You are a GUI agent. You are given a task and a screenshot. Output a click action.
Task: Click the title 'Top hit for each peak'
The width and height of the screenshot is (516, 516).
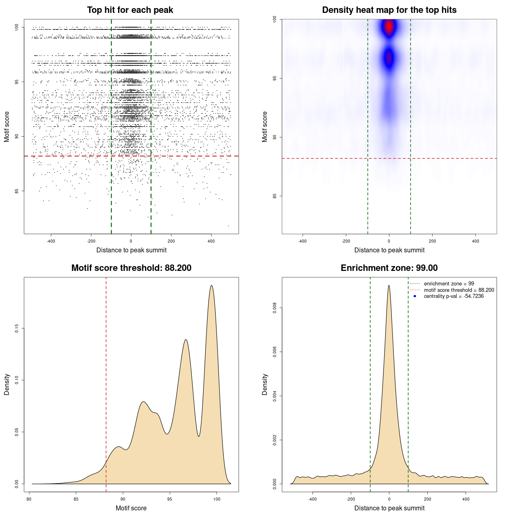[x=130, y=10]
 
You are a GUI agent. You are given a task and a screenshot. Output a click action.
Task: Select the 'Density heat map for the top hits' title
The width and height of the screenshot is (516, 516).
[x=389, y=10]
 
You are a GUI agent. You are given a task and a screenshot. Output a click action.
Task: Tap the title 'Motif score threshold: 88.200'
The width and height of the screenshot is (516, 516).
[x=131, y=268]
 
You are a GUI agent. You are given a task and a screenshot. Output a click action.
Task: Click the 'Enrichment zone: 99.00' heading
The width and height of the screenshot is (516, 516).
[x=389, y=268]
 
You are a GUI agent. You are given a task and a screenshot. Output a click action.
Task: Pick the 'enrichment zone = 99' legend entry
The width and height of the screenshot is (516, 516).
[x=449, y=284]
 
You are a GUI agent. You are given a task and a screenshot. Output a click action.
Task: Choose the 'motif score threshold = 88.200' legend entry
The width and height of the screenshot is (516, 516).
[x=459, y=290]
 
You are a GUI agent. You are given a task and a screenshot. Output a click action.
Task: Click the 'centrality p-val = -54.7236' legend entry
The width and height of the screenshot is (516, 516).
[x=454, y=296]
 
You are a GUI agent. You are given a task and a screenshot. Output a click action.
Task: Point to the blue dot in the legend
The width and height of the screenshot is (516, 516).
[x=415, y=296]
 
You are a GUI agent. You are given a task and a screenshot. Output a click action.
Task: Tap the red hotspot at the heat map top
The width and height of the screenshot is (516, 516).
[x=389, y=27]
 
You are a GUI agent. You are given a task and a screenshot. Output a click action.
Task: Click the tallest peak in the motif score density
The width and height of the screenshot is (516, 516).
[x=211, y=285]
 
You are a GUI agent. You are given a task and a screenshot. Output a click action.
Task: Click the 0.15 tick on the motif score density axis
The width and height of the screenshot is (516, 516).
[x=17, y=329]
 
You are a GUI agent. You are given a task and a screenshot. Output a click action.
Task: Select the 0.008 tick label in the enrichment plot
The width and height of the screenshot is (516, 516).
[x=275, y=308]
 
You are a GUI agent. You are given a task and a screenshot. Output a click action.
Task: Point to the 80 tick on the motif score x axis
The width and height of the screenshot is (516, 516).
[x=29, y=499]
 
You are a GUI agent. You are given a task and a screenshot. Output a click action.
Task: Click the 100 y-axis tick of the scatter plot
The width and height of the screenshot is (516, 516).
[x=17, y=27]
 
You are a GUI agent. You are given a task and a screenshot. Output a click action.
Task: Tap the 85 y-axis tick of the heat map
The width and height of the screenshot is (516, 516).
[x=275, y=196]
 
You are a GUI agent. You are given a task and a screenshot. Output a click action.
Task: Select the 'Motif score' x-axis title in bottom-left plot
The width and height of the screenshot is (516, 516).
[x=131, y=508]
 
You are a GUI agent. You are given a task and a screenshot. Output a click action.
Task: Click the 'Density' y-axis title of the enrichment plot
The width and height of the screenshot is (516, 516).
[x=265, y=384]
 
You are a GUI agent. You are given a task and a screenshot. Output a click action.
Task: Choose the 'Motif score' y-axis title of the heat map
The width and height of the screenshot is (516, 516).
[x=265, y=127]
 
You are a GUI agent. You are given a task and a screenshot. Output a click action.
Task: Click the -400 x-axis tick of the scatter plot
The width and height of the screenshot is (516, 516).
[x=51, y=241]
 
